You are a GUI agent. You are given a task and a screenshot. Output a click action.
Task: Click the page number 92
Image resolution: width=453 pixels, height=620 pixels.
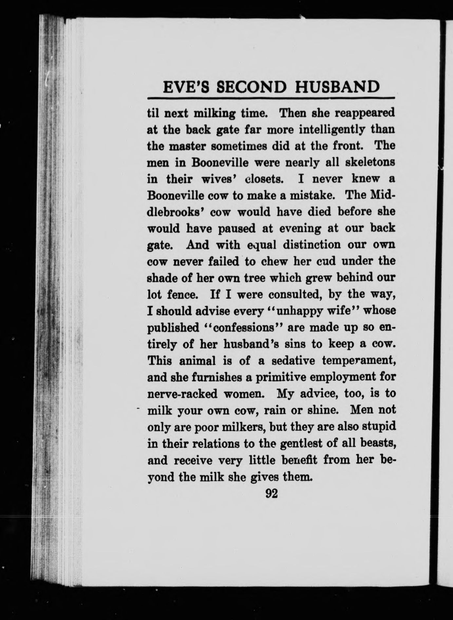272,493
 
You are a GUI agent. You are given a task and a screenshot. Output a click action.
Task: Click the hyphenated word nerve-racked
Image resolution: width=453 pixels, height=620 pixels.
182,393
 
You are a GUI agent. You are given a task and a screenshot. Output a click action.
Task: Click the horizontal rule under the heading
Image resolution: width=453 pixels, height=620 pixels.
272,98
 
